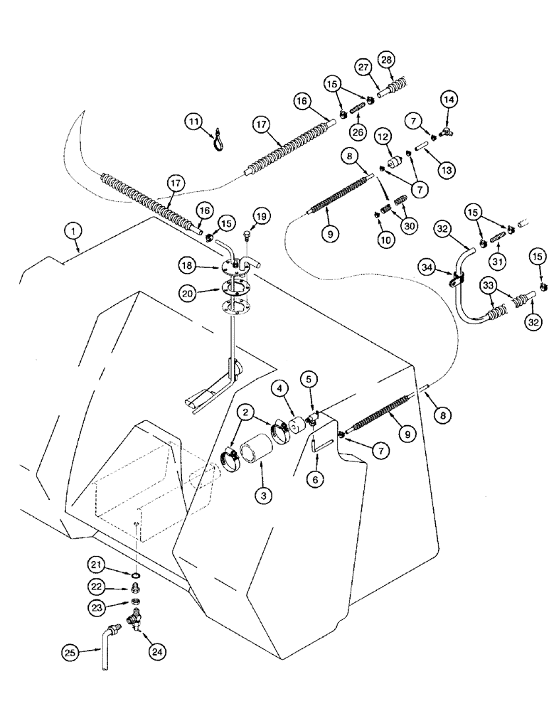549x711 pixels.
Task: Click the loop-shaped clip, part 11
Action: [215, 141]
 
